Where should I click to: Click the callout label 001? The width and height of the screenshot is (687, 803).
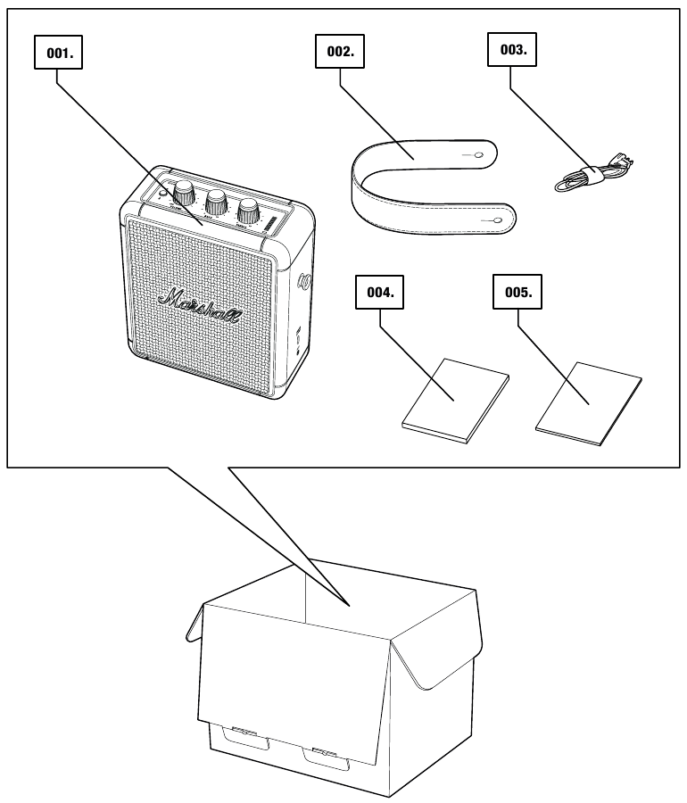coord(60,54)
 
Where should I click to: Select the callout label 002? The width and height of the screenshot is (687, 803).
coord(341,52)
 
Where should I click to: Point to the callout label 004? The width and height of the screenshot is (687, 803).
coord(381,293)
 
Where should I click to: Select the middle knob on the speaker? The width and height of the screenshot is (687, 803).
coord(217,199)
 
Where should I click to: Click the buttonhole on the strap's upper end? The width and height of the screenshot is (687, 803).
coord(480,155)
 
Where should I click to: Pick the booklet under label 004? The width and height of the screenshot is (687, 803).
coord(456,401)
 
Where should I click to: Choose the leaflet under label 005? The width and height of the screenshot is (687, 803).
coord(589,402)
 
